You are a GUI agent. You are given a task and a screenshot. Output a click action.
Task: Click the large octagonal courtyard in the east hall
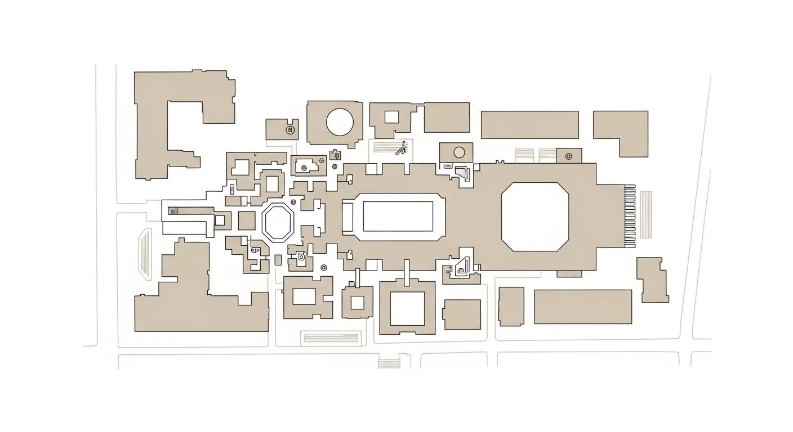534,217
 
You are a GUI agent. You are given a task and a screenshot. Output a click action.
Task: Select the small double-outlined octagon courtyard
277,223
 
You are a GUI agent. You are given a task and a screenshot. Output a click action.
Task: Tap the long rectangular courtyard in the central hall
398,217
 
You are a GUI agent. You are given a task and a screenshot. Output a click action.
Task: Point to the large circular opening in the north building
340,121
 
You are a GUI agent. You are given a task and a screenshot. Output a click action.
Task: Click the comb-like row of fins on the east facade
630,216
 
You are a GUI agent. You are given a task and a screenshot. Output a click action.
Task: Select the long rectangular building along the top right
529,124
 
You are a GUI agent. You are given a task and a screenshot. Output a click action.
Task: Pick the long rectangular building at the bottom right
582,307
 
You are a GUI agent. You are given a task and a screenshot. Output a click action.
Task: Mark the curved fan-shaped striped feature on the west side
145,254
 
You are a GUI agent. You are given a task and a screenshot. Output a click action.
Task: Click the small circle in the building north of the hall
459,151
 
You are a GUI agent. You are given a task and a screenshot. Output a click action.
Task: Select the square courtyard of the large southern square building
407,308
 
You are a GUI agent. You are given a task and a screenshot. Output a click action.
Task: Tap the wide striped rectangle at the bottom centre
330,337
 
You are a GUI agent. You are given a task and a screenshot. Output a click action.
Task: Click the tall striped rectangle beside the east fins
645,214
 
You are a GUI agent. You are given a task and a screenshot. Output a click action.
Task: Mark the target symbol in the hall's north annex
568,156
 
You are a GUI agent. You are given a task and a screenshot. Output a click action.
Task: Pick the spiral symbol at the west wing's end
173,211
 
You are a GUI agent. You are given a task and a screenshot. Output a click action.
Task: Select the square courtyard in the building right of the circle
391,117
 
